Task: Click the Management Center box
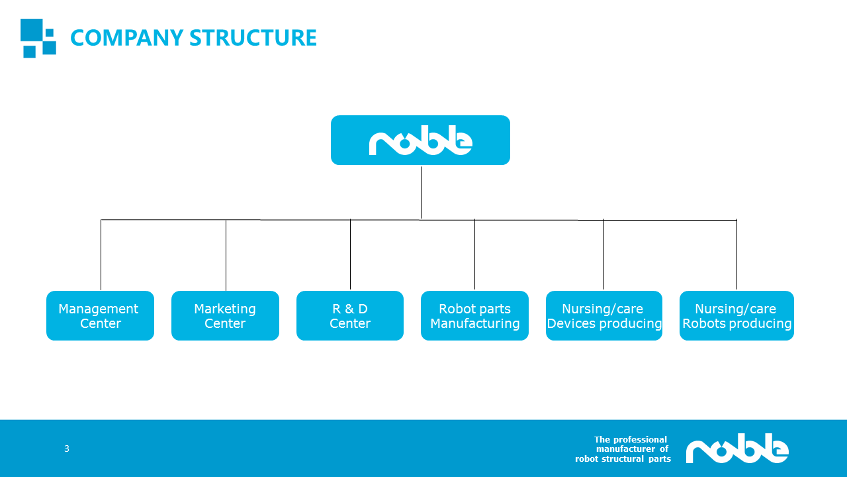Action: pyautogui.click(x=100, y=315)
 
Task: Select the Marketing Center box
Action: pyautogui.click(x=225, y=315)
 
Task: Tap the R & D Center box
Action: pyautogui.click(x=350, y=315)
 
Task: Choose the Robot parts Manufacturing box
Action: pyautogui.click(x=474, y=315)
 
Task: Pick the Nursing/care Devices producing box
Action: pyautogui.click(x=604, y=315)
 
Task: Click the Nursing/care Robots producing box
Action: pyautogui.click(x=736, y=315)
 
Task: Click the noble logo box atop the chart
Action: pyautogui.click(x=420, y=140)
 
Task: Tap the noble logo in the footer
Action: pyautogui.click(x=737, y=449)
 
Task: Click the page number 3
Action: pyautogui.click(x=67, y=449)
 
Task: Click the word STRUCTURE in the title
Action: pyautogui.click(x=253, y=38)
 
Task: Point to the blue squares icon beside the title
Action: pyautogui.click(x=38, y=38)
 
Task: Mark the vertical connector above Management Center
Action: pyautogui.click(x=101, y=255)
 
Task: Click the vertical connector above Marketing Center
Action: pyautogui.click(x=226, y=255)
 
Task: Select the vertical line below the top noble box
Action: pyautogui.click(x=421, y=192)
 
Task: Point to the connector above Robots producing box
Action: pyautogui.click(x=736, y=254)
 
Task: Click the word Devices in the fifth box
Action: pyautogui.click(x=571, y=323)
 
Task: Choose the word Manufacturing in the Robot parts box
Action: pyautogui.click(x=475, y=324)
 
